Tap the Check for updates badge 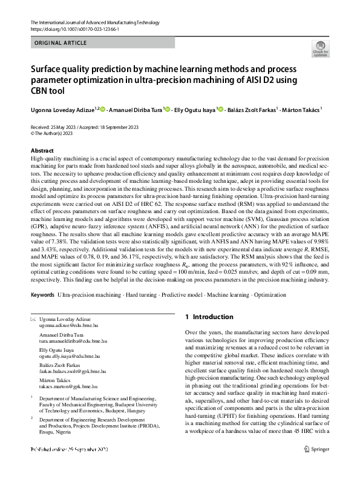320,48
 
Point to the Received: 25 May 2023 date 54,127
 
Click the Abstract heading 42,150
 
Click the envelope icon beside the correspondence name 33,319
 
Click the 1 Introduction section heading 209,317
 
